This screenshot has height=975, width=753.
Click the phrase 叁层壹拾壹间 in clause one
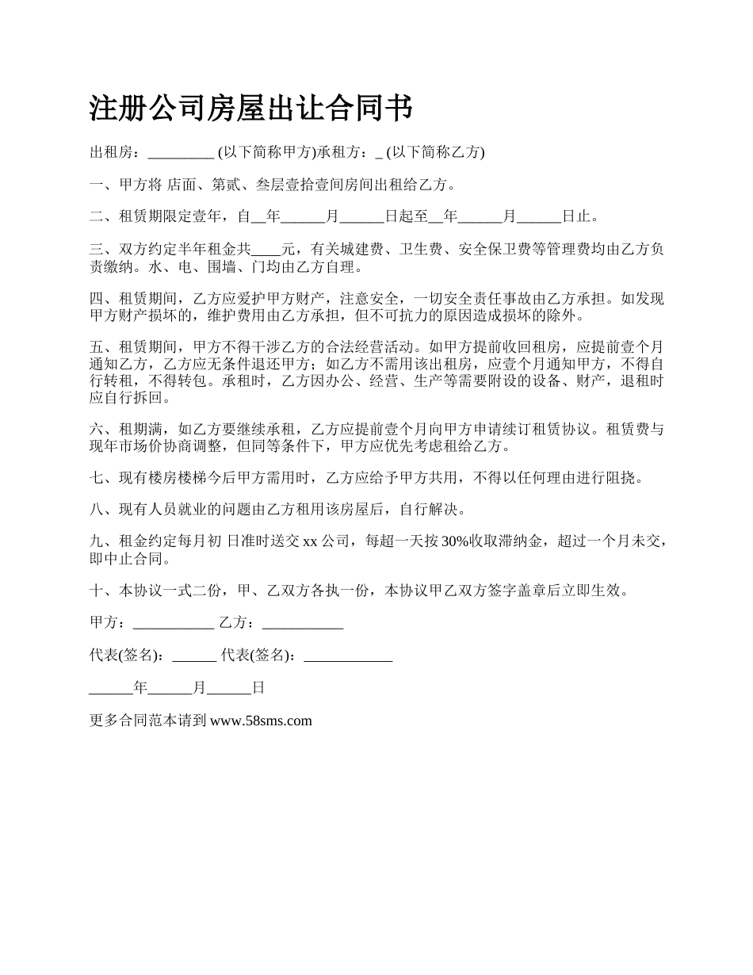298,185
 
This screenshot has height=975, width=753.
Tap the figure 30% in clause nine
454,542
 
